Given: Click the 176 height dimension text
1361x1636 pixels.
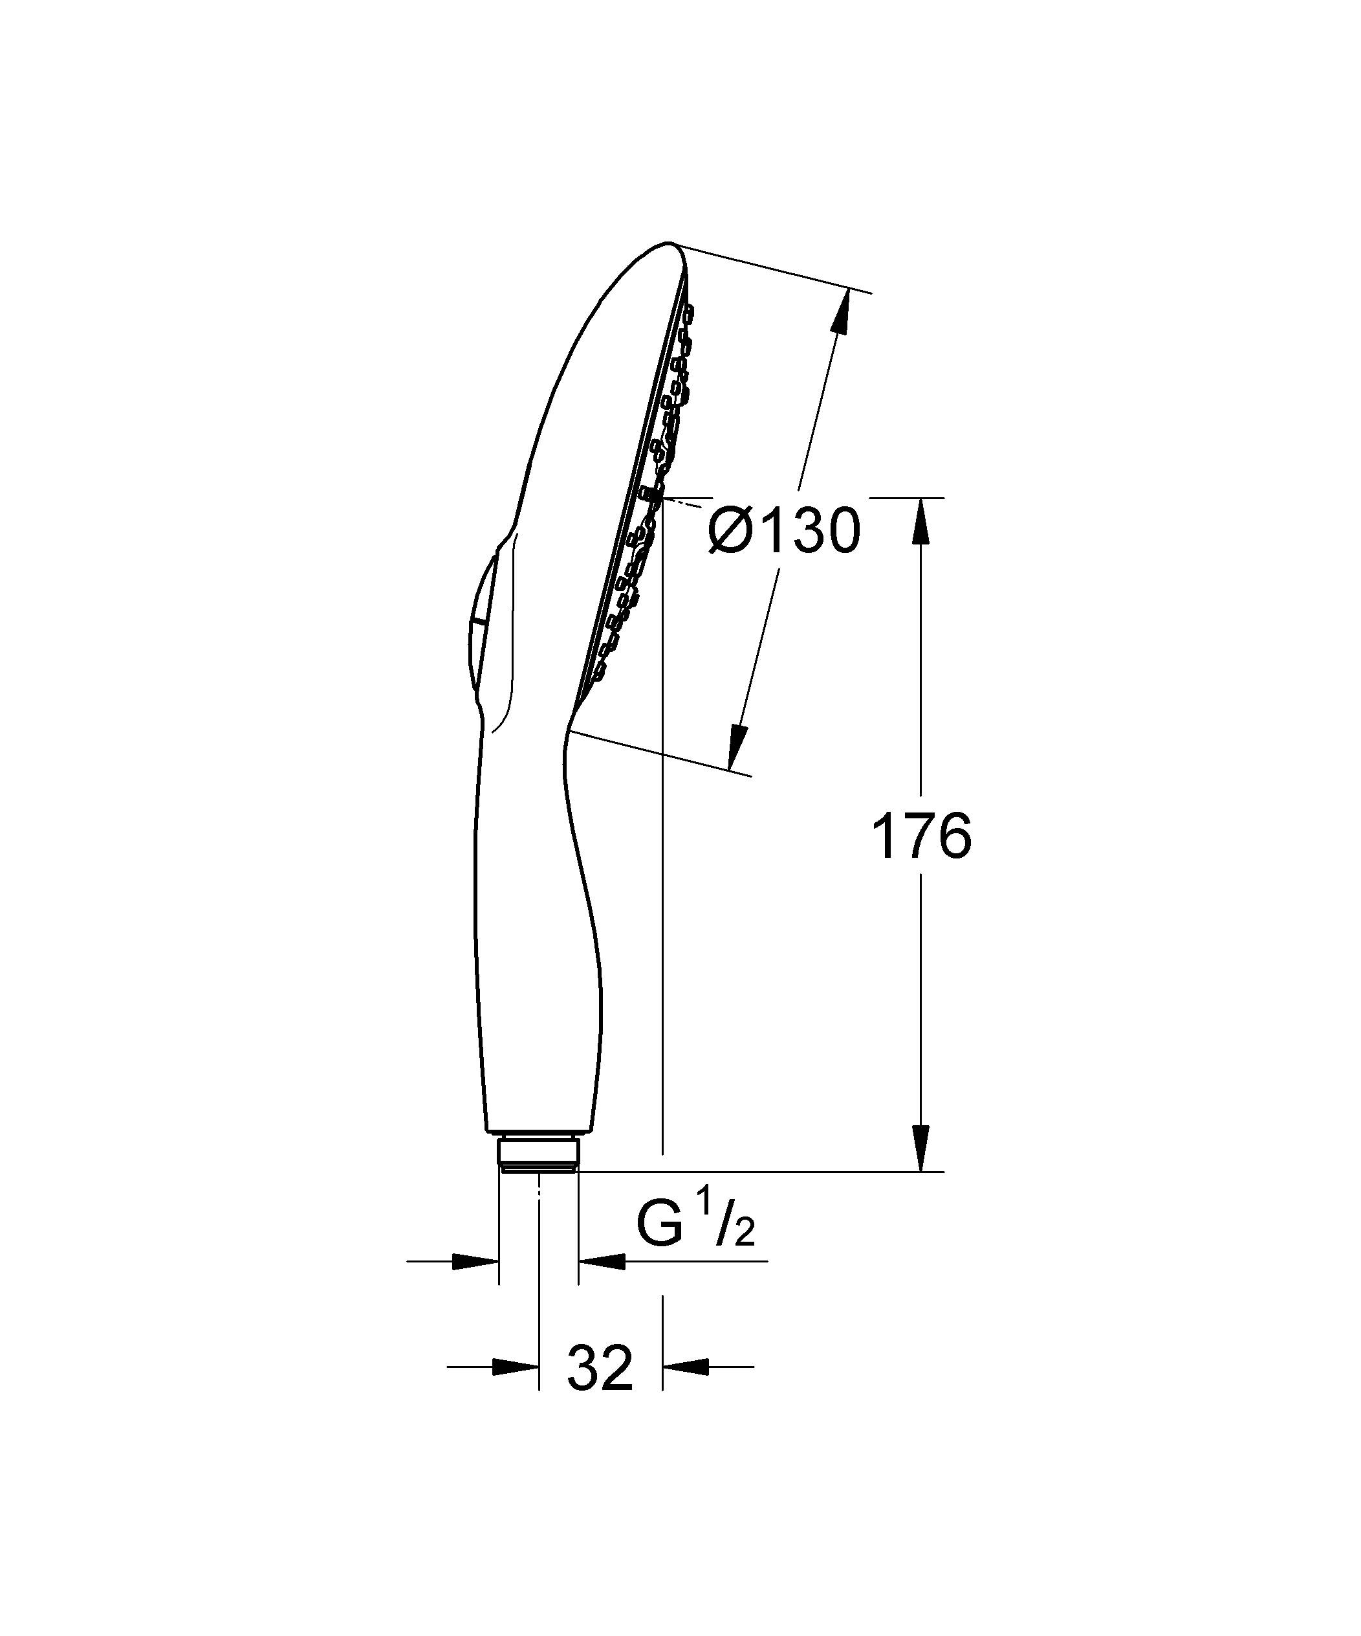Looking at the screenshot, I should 921,836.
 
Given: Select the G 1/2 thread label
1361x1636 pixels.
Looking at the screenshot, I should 695,1224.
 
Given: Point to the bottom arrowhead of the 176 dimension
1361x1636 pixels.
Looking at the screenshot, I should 920,1148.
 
